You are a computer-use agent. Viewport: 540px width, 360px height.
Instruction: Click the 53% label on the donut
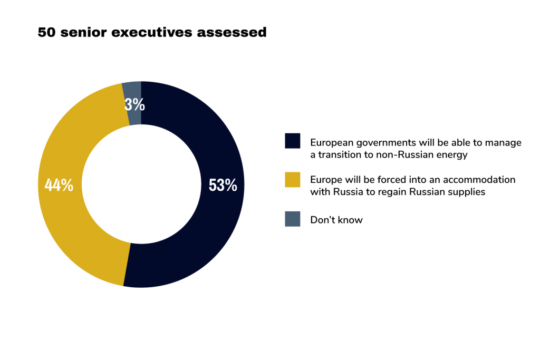[x=223, y=186]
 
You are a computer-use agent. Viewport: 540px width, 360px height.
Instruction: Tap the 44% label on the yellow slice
[x=59, y=186]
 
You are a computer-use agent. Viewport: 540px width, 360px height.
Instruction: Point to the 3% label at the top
[x=134, y=104]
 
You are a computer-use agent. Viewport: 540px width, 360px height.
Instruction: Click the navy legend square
[x=292, y=141]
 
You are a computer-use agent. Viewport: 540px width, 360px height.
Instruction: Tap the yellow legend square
[x=292, y=179]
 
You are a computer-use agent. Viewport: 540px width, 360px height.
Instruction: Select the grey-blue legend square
[x=292, y=219]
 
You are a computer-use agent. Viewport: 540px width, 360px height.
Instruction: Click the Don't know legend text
[x=336, y=220]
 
